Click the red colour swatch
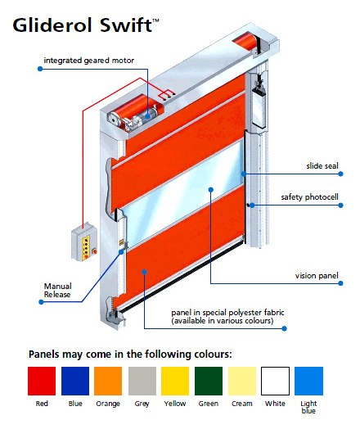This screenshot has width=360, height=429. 42,381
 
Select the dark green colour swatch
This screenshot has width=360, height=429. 209,381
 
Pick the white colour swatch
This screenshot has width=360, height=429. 275,381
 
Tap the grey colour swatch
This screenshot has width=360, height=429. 142,381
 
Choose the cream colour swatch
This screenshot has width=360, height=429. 242,381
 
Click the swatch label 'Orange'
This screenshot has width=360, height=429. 108,404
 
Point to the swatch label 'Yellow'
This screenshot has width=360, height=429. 175,404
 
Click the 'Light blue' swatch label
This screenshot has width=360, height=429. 308,407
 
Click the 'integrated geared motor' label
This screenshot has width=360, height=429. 89,61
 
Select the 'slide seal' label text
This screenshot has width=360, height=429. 322,166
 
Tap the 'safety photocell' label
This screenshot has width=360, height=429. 310,197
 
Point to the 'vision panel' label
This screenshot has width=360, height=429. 317,276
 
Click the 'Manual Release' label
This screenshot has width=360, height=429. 57,291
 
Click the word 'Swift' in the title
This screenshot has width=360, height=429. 126,25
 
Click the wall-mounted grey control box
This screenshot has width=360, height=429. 84,242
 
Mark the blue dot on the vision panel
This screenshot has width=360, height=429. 211,190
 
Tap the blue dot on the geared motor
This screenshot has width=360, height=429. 147,116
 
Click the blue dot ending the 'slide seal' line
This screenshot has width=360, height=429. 340,174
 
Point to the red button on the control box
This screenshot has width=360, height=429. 94,251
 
